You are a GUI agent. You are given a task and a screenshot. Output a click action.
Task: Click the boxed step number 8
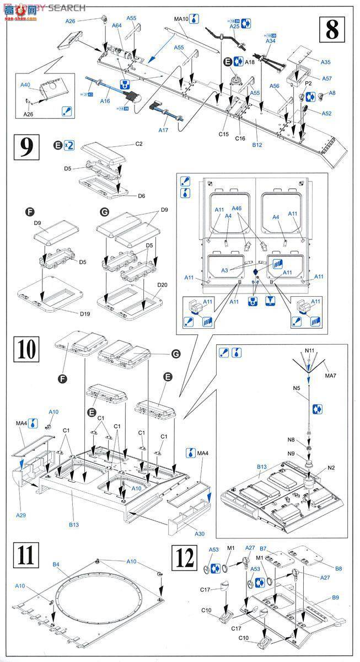click(331, 28)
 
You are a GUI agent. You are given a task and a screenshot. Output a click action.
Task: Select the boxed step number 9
click(26, 147)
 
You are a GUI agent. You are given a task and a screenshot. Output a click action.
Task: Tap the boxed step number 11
click(26, 555)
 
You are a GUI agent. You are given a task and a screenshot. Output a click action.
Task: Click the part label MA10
click(181, 19)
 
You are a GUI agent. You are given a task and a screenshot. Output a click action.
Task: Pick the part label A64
click(117, 25)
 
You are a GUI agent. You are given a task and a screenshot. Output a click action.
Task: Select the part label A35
click(326, 62)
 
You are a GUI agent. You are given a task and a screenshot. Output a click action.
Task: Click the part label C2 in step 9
click(138, 144)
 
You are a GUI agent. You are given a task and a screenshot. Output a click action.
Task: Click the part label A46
click(237, 209)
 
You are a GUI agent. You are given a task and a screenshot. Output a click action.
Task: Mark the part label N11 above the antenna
click(309, 350)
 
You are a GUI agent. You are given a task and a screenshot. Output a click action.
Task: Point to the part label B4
click(56, 564)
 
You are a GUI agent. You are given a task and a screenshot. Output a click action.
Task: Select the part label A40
click(25, 85)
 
